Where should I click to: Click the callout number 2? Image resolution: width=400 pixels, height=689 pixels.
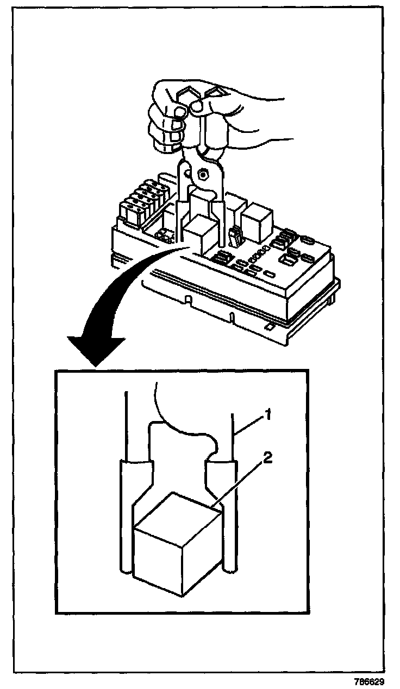pos(267,457)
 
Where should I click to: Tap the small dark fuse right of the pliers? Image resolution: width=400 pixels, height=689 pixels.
pos(234,238)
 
